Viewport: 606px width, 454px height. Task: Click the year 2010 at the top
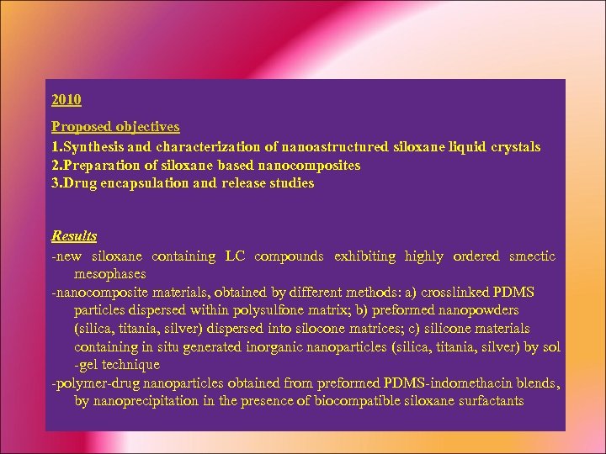tap(66, 100)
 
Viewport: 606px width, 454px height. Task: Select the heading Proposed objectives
tap(115, 127)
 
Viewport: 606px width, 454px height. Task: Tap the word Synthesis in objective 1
tap(93, 147)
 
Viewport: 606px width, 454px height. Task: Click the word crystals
tap(514, 147)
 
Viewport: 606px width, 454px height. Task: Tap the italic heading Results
tap(74, 236)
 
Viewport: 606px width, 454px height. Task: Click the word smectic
tap(532, 256)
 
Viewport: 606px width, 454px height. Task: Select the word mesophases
tap(110, 274)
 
